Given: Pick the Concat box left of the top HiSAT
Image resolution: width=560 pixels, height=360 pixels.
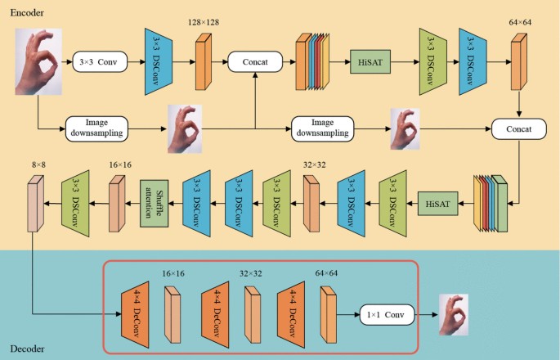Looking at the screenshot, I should pyautogui.click(x=255, y=61).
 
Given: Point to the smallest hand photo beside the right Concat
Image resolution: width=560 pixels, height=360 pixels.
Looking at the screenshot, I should pyautogui.click(x=404, y=128).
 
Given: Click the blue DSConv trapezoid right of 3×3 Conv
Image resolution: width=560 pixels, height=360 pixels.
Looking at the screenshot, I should pyautogui.click(x=157, y=60).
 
